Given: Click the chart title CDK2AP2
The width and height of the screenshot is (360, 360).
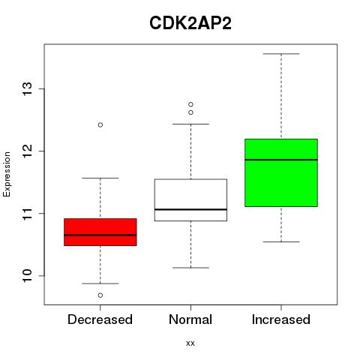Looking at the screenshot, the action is tap(190, 23).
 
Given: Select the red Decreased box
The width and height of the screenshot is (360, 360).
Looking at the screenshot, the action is tap(100, 232).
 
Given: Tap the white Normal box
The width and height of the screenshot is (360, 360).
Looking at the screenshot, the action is tap(190, 200).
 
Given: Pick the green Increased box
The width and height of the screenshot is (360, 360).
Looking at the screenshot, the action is tap(281, 172).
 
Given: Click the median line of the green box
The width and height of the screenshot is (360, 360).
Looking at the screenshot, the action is tap(281, 160).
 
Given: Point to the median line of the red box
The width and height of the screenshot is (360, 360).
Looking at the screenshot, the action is tap(100, 235).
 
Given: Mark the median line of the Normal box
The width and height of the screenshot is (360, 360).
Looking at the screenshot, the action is tap(190, 209).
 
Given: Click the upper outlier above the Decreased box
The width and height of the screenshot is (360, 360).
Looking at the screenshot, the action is tap(100, 124).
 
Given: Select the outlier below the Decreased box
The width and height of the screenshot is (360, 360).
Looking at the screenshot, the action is tap(100, 295).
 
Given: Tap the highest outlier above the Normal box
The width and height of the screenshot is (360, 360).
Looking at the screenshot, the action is tap(190, 104).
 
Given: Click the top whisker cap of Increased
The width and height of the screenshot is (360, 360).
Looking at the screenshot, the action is tap(281, 54).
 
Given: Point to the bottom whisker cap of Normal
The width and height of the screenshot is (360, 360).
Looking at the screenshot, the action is tap(190, 268).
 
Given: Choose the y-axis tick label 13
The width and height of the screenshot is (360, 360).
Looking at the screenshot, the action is tap(28, 88).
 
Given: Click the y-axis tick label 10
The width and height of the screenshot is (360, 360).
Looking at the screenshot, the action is tap(28, 276).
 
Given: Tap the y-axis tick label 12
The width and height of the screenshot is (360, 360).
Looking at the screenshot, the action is tap(28, 151).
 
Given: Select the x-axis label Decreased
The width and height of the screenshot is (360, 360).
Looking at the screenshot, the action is tap(100, 319).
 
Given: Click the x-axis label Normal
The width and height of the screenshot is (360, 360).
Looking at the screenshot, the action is tap(190, 319).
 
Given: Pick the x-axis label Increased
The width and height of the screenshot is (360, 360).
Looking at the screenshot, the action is tap(281, 319).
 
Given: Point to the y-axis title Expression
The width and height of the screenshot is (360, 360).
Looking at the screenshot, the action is tap(7, 174).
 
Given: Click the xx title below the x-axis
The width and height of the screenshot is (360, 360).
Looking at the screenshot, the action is tap(190, 343).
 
